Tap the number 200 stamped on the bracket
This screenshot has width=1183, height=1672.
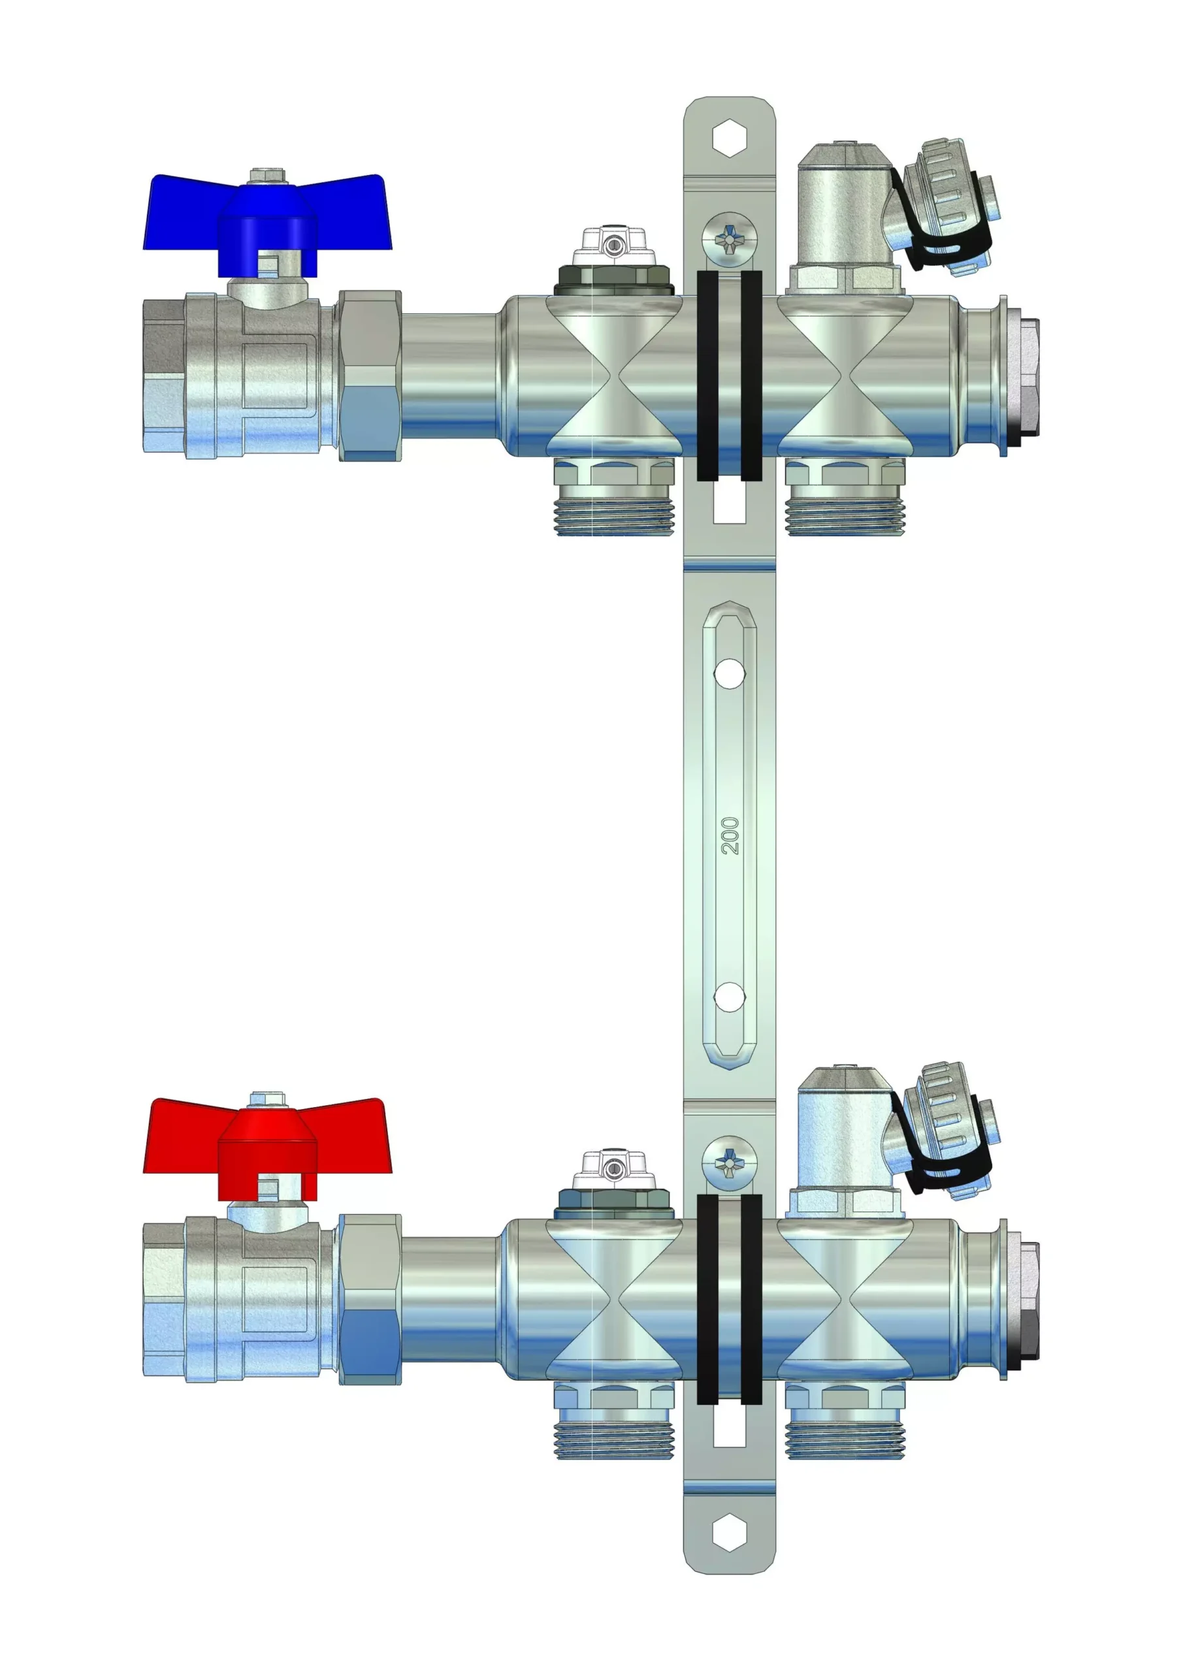click(x=729, y=835)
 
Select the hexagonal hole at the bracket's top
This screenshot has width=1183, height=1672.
click(x=729, y=138)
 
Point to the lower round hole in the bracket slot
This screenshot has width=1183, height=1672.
click(x=729, y=998)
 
